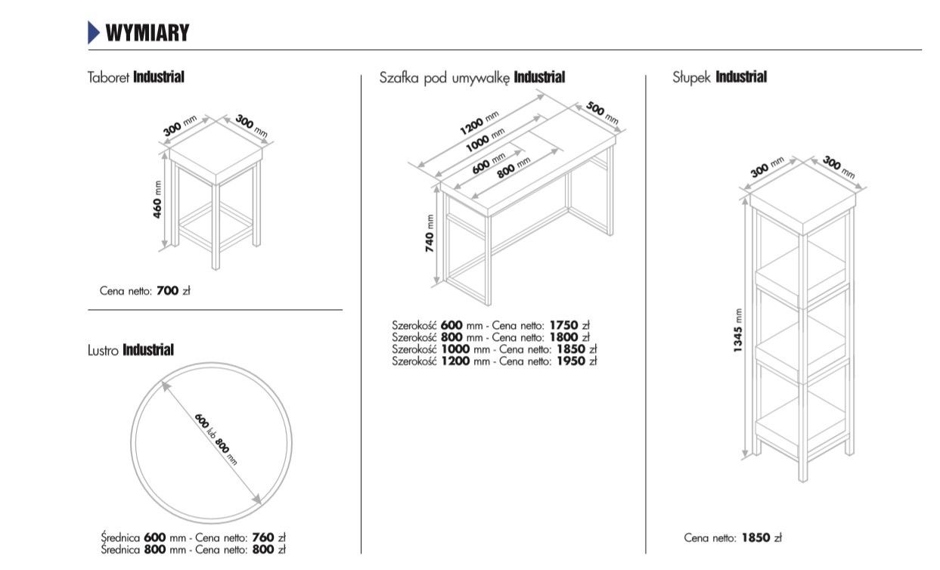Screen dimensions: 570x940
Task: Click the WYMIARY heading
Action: [147, 33]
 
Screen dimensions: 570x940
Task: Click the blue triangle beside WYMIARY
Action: [94, 33]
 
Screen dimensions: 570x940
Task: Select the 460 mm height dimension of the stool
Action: [158, 200]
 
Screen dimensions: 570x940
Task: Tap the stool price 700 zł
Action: [173, 290]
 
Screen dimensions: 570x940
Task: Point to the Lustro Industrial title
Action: [131, 350]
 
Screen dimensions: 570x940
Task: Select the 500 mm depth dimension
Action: [603, 113]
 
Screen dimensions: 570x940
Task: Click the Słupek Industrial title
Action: [719, 77]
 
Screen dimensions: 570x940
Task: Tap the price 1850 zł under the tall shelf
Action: [761, 538]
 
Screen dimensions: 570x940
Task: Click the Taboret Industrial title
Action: [136, 77]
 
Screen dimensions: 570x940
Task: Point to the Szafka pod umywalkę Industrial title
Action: [472, 77]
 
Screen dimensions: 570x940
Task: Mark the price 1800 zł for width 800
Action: [573, 338]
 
